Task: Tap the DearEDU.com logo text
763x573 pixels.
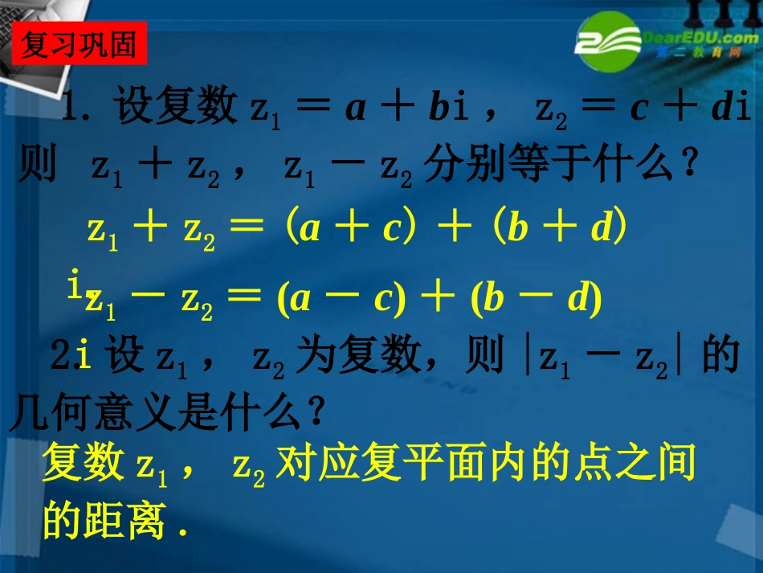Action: (x=696, y=38)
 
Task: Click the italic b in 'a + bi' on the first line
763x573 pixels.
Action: (x=439, y=109)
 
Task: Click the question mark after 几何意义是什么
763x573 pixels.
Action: (x=315, y=415)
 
